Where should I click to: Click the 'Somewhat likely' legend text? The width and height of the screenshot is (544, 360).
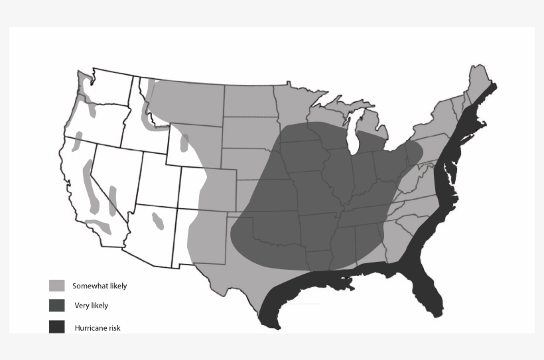[x=100, y=286]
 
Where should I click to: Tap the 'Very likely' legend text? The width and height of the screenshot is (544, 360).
[x=91, y=306]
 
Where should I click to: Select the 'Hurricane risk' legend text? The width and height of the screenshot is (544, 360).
[x=98, y=328]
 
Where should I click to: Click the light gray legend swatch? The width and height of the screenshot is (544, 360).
[x=57, y=286]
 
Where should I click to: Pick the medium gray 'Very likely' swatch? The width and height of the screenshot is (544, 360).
[x=57, y=306]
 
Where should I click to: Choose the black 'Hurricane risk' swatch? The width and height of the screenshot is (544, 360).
[x=57, y=327]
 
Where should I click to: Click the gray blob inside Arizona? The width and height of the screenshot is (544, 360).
[x=158, y=219]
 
